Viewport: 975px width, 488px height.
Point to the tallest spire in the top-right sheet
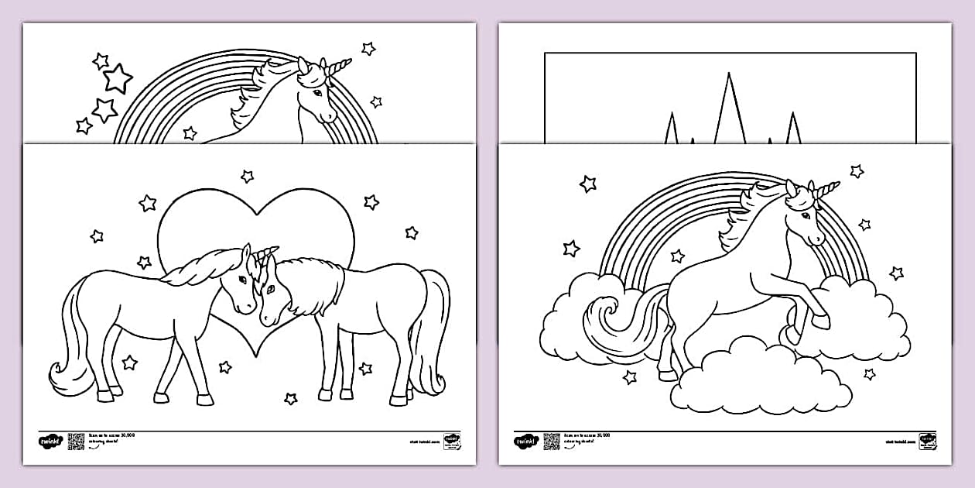(727, 108)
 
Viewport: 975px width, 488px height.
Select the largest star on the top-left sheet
(118, 78)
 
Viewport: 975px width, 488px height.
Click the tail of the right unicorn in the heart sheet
(433, 333)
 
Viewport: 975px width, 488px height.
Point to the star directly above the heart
(247, 177)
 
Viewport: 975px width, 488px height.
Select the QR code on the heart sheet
(76, 441)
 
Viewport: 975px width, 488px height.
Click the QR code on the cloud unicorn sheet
(551, 441)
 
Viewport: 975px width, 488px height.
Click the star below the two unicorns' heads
(225, 366)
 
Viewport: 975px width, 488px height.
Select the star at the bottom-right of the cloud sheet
(869, 374)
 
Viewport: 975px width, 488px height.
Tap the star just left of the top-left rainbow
(104, 110)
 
